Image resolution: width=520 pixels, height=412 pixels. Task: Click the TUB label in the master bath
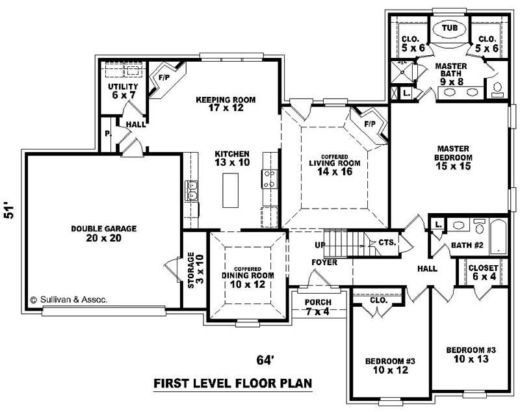point(449,29)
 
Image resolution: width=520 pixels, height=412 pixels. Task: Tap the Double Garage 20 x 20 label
point(104,233)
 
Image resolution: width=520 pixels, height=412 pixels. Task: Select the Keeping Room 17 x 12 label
point(226,105)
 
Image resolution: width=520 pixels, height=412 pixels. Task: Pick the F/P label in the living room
point(370,123)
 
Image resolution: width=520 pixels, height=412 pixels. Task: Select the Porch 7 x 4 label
point(318,307)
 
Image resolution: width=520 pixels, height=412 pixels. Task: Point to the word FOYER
point(324,263)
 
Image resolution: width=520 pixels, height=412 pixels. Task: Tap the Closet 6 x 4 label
point(483,273)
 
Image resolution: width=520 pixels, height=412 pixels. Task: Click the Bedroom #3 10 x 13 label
point(471,355)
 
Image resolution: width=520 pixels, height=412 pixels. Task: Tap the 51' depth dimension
point(9,211)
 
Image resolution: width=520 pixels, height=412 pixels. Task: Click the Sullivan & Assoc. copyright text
point(68,300)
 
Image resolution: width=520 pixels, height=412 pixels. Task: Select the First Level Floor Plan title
point(232,383)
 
